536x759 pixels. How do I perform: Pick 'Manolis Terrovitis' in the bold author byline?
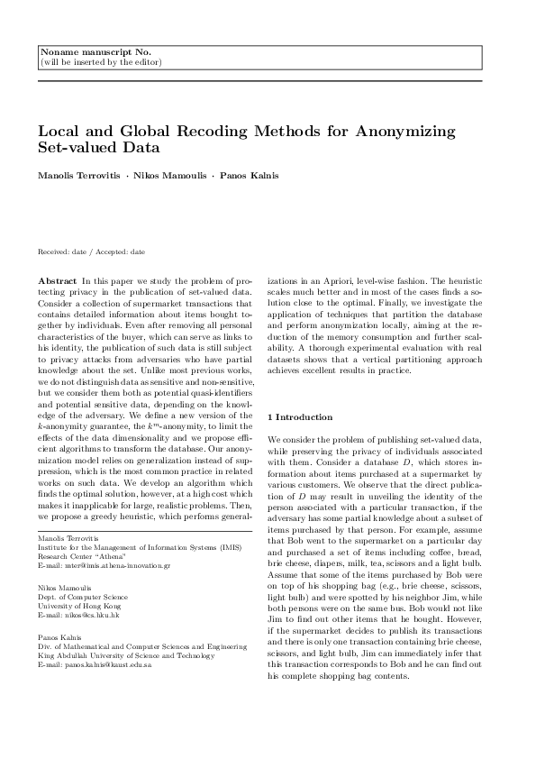(76, 175)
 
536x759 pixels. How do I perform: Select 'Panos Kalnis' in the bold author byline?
(241, 175)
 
